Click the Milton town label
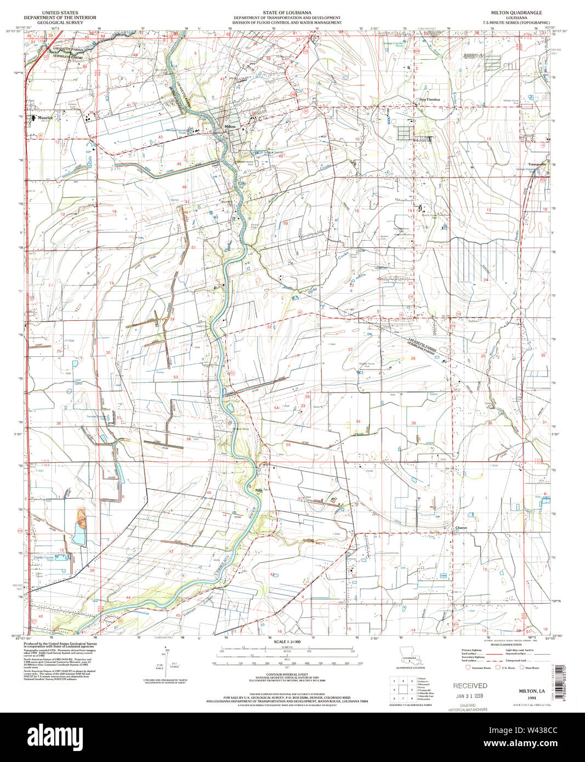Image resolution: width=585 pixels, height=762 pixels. [230, 127]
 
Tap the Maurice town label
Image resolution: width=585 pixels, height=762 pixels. [45, 117]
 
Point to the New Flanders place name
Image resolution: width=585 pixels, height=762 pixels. [430, 99]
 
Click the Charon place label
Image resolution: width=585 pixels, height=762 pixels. [461, 528]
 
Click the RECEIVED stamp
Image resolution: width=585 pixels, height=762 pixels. [469, 685]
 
